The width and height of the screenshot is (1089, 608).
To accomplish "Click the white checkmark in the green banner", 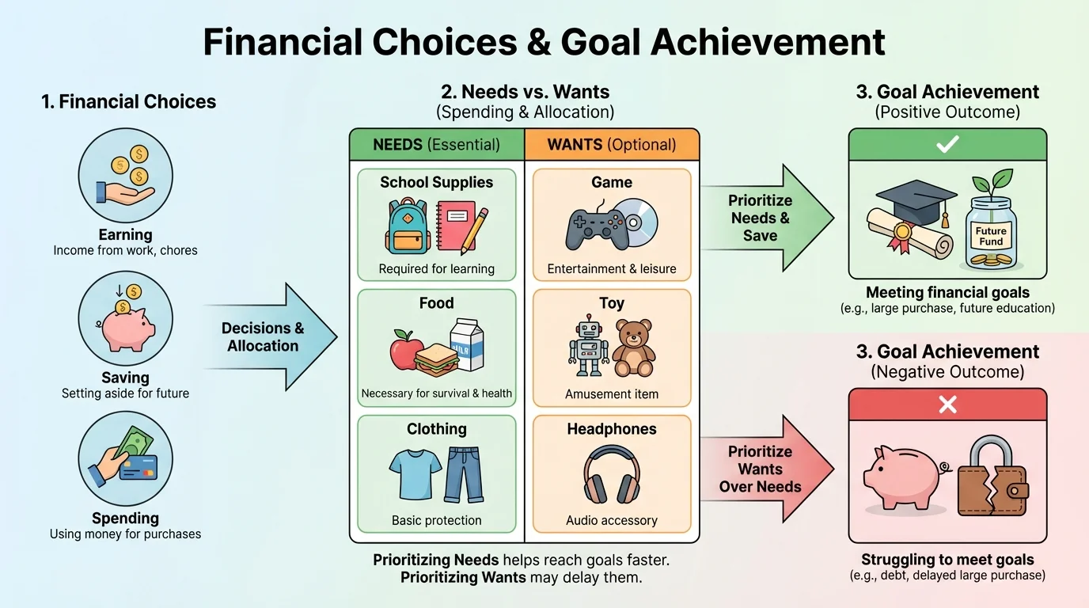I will tap(947, 143).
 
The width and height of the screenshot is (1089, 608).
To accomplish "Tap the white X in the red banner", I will tap(947, 405).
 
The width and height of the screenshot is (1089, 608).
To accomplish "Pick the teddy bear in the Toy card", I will tap(633, 349).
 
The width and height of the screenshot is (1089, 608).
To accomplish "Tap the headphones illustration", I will tap(611, 474).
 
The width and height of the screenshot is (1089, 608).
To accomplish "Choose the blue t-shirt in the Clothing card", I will tap(415, 473).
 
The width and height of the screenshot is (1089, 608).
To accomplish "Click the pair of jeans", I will tap(463, 474).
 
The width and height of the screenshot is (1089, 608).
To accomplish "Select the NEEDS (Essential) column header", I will tap(437, 145).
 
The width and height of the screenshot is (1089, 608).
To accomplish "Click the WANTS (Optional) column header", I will tap(612, 145).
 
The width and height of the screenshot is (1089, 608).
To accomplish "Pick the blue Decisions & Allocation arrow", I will tap(269, 337).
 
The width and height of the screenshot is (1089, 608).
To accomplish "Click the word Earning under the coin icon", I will tap(125, 234).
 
